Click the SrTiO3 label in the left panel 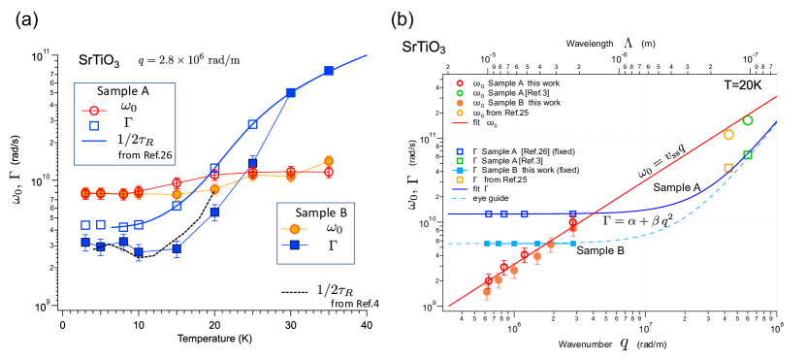tap(100, 61)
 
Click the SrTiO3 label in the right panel tap(424, 47)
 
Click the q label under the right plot tap(626, 342)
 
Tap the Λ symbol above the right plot tap(629, 43)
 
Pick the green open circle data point tap(748, 120)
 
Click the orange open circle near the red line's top tap(728, 134)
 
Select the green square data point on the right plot tap(748, 155)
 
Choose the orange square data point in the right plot tap(728, 168)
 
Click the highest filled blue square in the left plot tap(329, 71)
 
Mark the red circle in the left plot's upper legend tap(94, 111)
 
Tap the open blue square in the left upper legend tap(94, 125)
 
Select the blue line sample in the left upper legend tap(94, 141)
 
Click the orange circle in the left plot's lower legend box tap(295, 229)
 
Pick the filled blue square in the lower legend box tap(295, 245)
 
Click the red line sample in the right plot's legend tap(460, 123)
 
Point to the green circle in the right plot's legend tap(460, 93)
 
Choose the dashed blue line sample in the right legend tap(460, 199)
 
